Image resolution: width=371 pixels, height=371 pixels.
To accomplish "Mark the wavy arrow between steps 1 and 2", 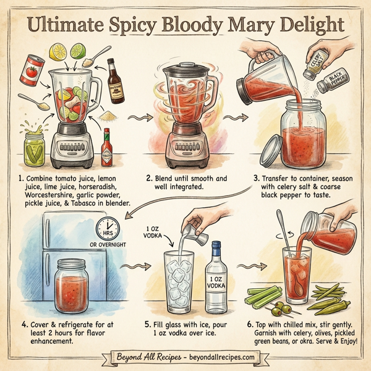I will (137, 116).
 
